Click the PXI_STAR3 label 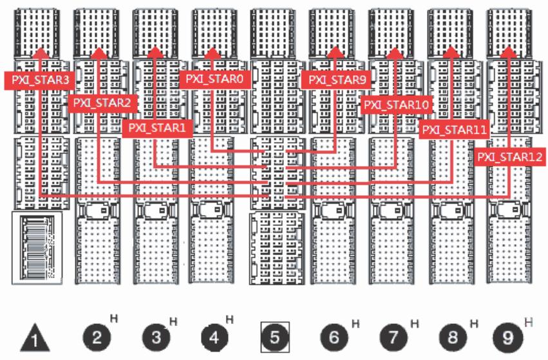(40, 80)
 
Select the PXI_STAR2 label (102, 103)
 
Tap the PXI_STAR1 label (157, 128)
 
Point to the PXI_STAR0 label (214, 79)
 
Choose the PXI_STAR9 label (337, 80)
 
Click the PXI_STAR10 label (396, 104)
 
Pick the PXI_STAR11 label (455, 130)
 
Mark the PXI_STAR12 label (510, 157)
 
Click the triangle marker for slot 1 (35, 338)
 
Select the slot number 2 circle (97, 337)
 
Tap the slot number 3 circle (156, 337)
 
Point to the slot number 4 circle (215, 337)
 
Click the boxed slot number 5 (275, 337)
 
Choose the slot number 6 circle (334, 337)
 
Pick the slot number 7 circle (393, 337)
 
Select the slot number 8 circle (453, 337)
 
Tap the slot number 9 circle (508, 337)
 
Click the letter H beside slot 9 (529, 322)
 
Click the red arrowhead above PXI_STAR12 (509, 52)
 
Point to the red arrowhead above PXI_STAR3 (41, 52)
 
